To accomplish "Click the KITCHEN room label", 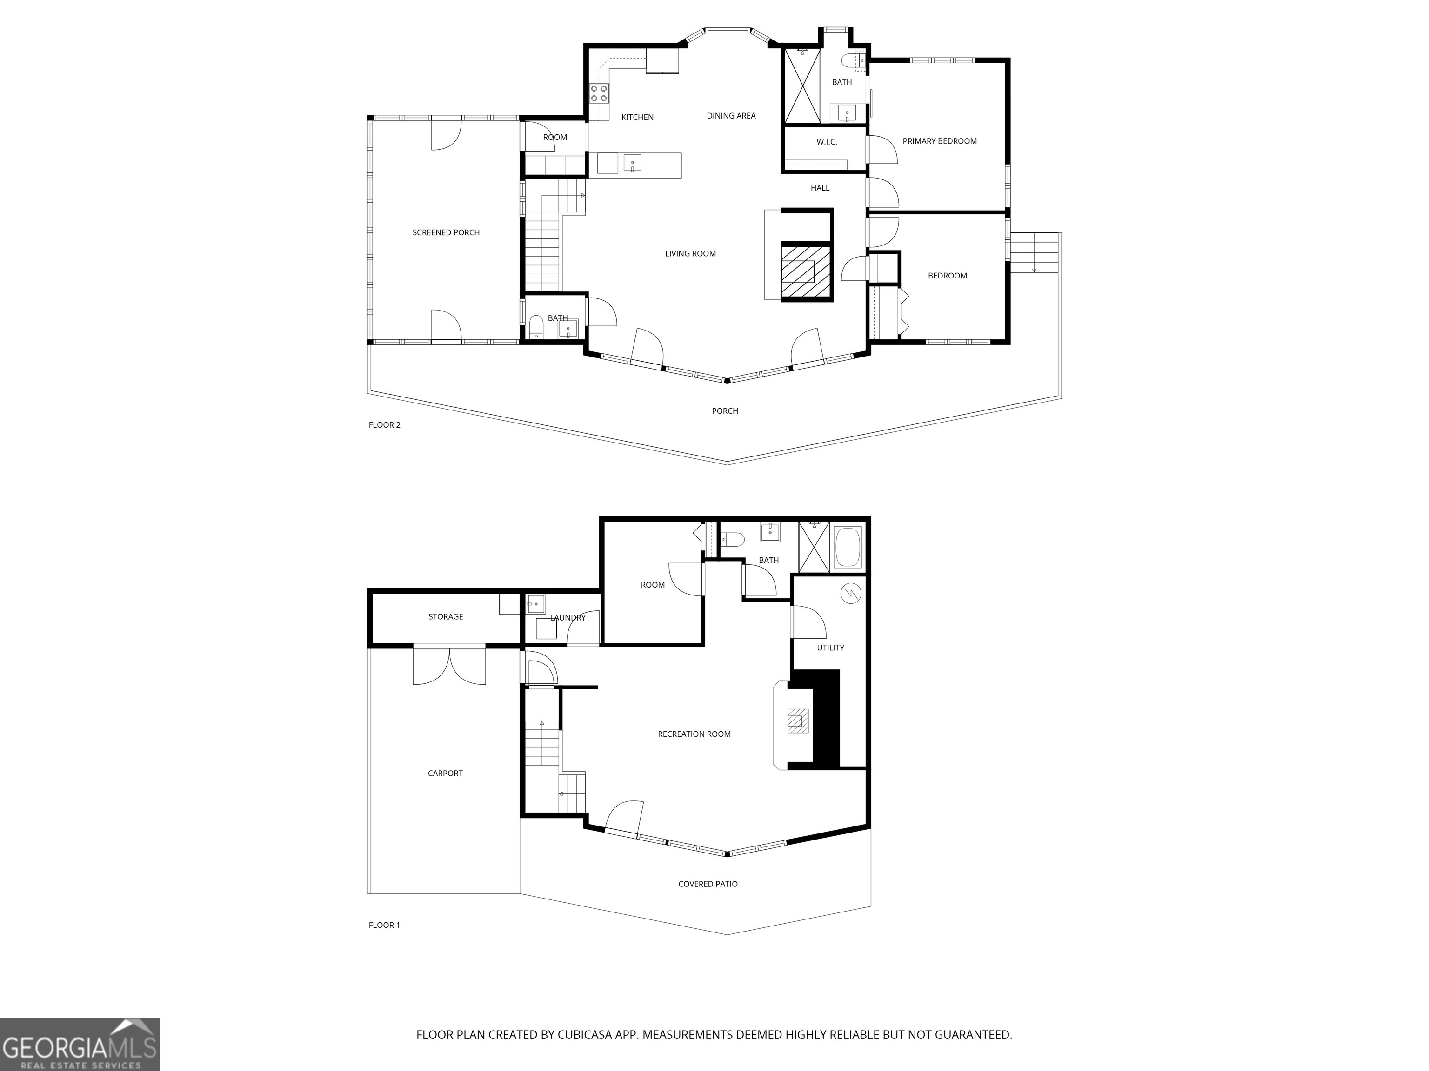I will point(637,117).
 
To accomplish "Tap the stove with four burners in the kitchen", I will point(599,93).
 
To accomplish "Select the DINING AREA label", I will point(731,116).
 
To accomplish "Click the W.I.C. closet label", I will point(826,141).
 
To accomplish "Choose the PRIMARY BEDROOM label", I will point(939,141).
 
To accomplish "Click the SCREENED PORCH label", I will point(446,232).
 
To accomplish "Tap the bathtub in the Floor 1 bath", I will point(848,548).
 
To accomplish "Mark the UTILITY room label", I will point(830,648).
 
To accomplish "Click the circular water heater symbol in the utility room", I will point(851,593).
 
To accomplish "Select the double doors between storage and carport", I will point(450,665).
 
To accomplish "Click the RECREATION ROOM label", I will point(694,734).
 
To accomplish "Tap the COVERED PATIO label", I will point(708,884).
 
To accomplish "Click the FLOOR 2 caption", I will point(384,425).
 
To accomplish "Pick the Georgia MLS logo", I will point(80,1044).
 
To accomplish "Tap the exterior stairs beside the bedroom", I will point(1034,253).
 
